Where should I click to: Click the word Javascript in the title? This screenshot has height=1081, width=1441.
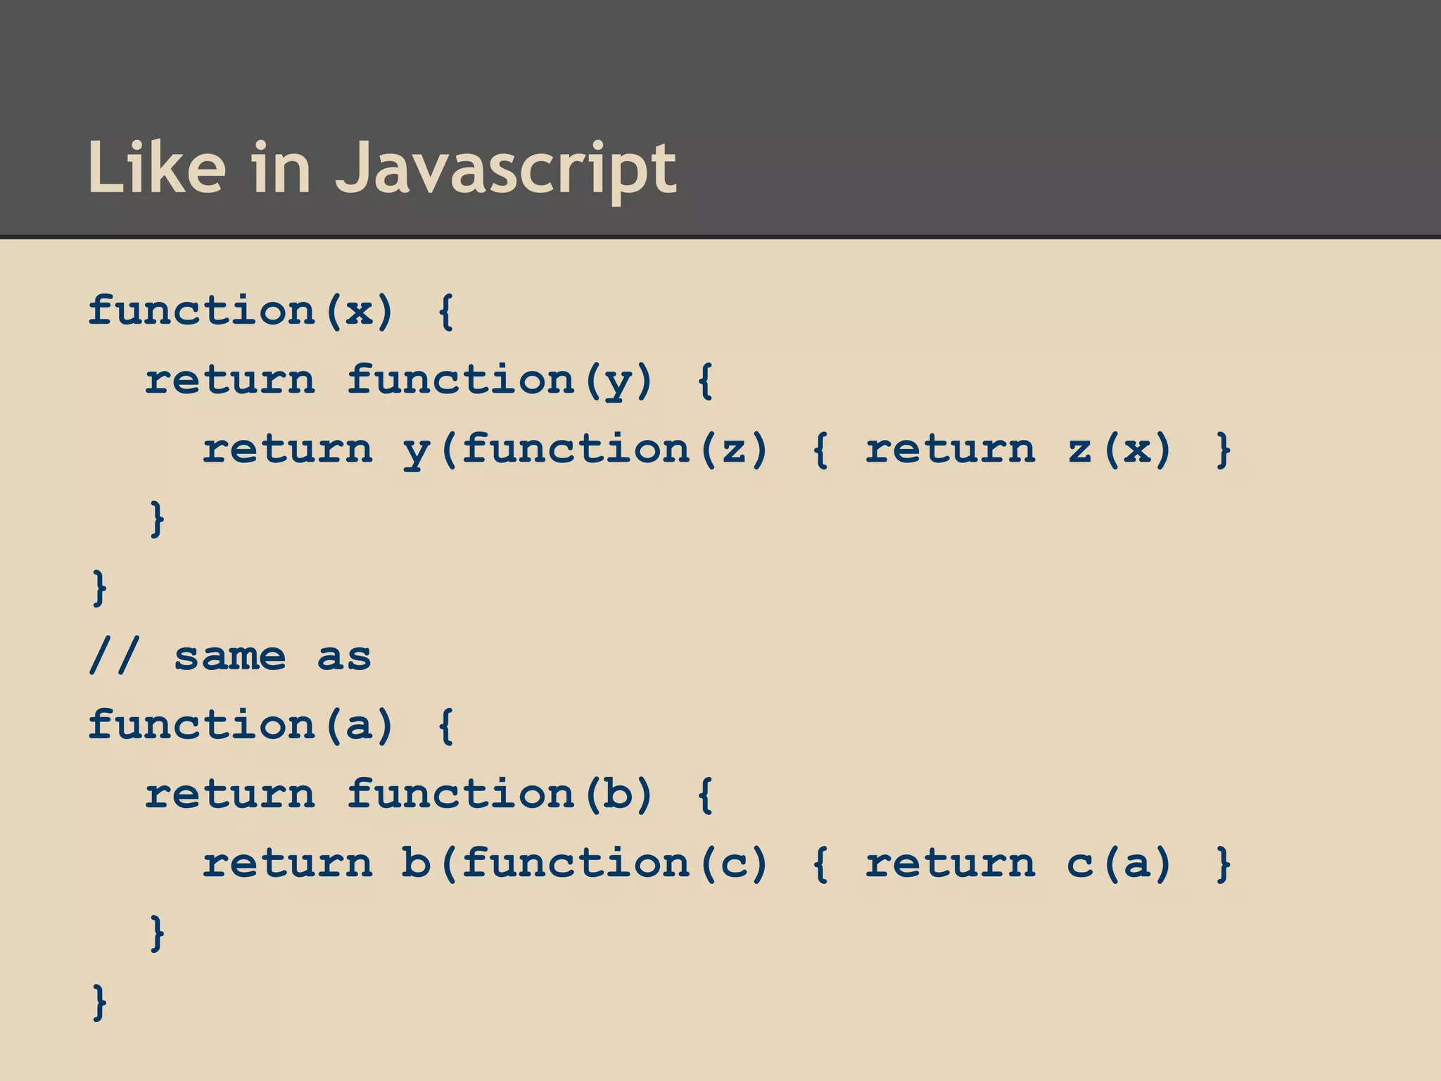pyautogui.click(x=505, y=169)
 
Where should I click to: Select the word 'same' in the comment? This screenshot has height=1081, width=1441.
pyautogui.click(x=229, y=657)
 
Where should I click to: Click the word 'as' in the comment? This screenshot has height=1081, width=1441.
pyautogui.click(x=343, y=657)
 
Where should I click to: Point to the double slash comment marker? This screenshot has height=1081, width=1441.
pyautogui.click(x=114, y=656)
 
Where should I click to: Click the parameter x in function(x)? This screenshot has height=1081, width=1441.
pyautogui.click(x=359, y=310)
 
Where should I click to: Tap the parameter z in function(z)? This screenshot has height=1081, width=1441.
pyautogui.click(x=734, y=450)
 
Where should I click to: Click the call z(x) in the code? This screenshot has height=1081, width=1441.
pyautogui.click(x=1119, y=450)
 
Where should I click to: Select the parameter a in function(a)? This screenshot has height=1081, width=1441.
pyautogui.click(x=359, y=725)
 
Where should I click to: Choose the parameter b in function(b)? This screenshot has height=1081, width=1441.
pyautogui.click(x=618, y=794)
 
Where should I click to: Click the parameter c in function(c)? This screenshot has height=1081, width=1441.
pyautogui.click(x=734, y=864)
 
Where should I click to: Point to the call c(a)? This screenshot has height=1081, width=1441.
pyautogui.click(x=1119, y=864)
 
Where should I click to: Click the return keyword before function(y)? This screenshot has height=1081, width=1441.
pyautogui.click(x=230, y=380)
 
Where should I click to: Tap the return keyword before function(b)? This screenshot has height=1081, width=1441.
pyautogui.click(x=230, y=794)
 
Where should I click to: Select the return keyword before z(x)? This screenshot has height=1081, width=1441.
pyautogui.click(x=950, y=450)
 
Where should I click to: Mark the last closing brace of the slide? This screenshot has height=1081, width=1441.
pyautogui.click(x=100, y=1002)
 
